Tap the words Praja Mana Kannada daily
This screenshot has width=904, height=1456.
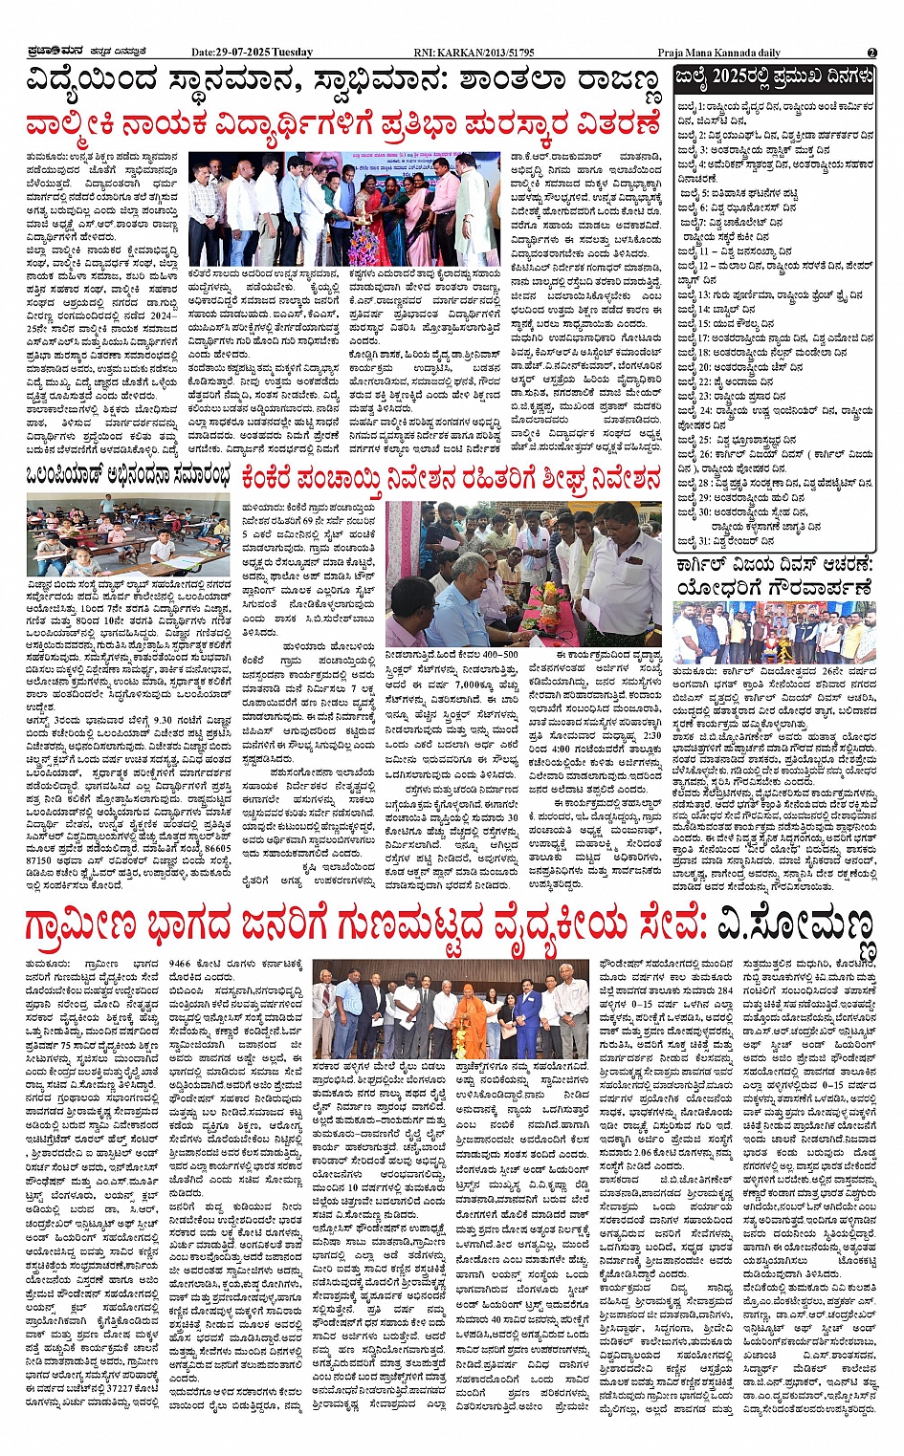pos(718,53)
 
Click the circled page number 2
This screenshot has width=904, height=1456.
pos(871,53)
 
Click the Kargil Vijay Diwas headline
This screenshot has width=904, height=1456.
pos(774,576)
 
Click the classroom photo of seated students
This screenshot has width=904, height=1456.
pos(127,536)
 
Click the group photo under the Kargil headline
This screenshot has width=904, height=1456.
pos(773,632)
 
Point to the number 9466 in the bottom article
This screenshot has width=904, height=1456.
pos(181,966)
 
